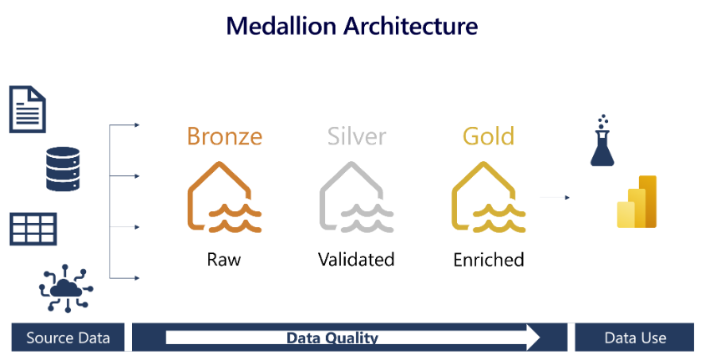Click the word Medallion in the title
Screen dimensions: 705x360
point(281,26)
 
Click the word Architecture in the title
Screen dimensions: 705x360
point(411,26)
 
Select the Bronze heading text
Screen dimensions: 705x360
point(225,136)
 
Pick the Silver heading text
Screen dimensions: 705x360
point(357,136)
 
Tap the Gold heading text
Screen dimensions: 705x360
point(489,136)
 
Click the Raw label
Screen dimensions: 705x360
point(224,260)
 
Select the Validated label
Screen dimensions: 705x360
point(356,260)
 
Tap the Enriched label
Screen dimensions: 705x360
point(489,260)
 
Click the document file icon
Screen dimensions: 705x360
point(28,109)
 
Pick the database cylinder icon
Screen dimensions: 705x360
point(63,169)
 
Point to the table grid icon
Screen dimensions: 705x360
point(33,229)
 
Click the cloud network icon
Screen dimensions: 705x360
point(66,288)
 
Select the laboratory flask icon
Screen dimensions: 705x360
point(602,140)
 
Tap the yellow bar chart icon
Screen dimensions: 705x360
point(637,202)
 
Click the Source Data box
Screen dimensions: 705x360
point(68,337)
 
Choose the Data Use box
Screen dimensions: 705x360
point(634,337)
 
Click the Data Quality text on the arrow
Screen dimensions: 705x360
point(332,337)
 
